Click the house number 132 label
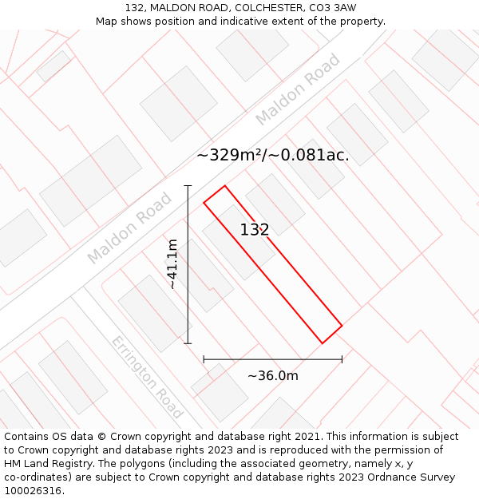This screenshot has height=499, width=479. tap(255, 230)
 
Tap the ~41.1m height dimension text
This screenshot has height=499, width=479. tap(172, 264)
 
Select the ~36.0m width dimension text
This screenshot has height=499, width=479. tap(272, 376)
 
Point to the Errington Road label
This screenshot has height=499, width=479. tap(146, 377)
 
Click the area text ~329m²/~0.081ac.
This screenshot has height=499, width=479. tap(272, 155)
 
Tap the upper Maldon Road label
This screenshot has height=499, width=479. tap(298, 89)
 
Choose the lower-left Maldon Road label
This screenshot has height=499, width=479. tap(129, 228)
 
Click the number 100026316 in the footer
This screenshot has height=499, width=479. tap(32, 491)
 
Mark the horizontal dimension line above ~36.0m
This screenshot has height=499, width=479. tap(272, 359)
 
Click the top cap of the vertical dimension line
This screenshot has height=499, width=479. tap(188, 186)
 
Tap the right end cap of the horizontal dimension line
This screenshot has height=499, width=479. tap(342, 359)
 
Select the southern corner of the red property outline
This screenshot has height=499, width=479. tap(323, 343)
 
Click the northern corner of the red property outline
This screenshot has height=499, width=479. tap(224, 186)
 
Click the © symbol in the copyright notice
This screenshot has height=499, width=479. tap(101, 437)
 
